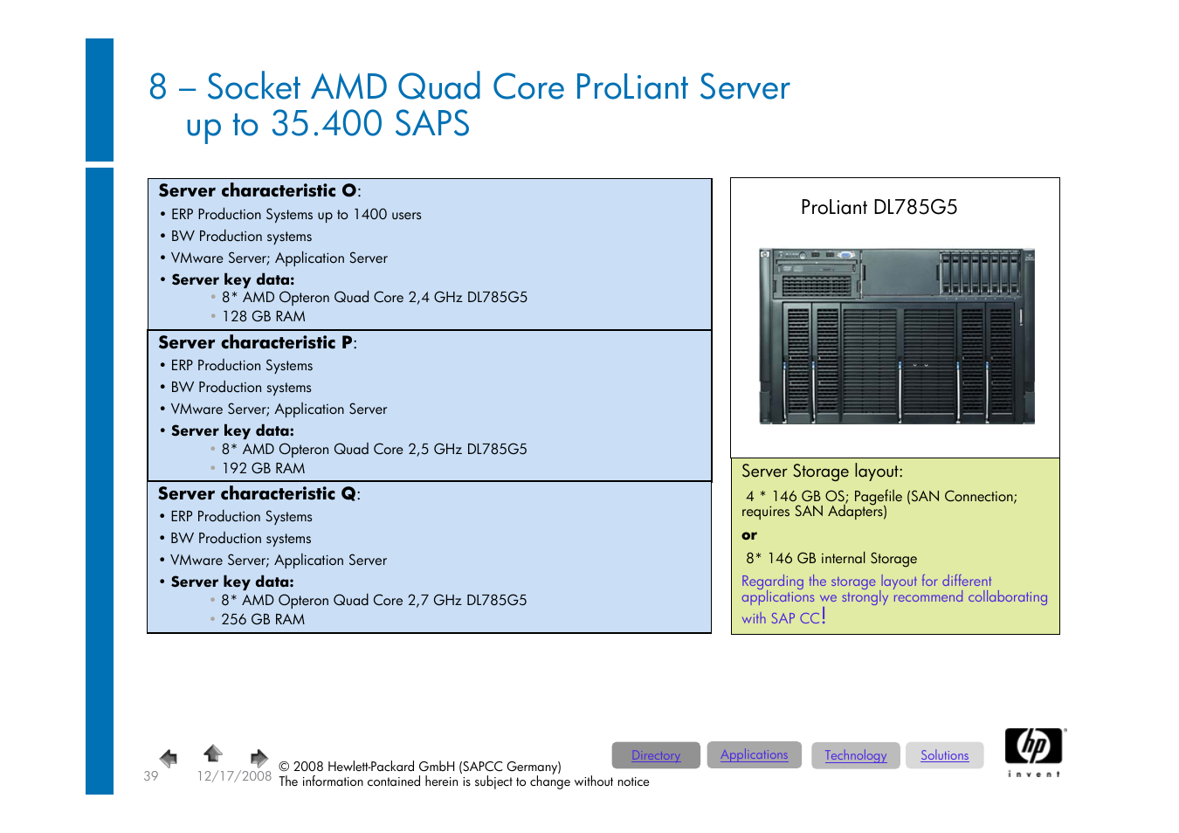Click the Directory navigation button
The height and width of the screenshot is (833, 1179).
pos(656,755)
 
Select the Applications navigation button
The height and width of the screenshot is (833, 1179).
pos(754,754)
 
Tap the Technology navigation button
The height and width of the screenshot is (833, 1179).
pos(855,755)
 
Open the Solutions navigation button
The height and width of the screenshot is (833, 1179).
pos(944,755)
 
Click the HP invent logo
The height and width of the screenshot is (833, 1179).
pos(1034,752)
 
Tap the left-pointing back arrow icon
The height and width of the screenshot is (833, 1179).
pos(169,757)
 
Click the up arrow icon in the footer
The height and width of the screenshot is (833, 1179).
pos(213,753)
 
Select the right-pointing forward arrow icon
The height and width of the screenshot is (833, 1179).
pos(259,757)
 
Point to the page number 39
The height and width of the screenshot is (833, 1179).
pos(151,775)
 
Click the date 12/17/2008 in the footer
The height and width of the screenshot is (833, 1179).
pos(233,775)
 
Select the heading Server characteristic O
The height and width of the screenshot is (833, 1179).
pos(259,190)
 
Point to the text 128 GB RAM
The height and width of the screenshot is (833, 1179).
pos(263,316)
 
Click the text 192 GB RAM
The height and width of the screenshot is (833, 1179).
pos(263,468)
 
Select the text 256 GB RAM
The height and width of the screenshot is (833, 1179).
pos(263,619)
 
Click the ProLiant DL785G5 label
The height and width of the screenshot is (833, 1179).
pos(879,207)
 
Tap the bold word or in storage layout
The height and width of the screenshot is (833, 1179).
pos(749,535)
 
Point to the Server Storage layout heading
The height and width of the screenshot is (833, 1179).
pos(822,472)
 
